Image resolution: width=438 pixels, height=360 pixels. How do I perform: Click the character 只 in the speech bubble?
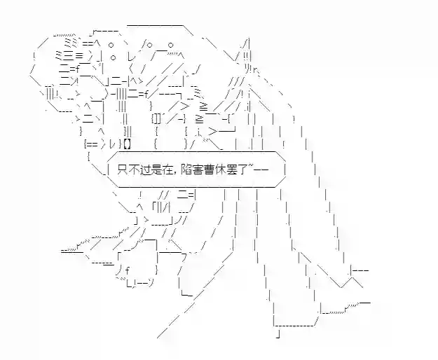pos(123,170)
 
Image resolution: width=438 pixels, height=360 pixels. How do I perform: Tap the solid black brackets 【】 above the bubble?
pos(127,144)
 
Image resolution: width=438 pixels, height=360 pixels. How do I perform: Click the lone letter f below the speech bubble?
pos(128,270)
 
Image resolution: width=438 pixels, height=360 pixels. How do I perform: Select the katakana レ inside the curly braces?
pos(112,144)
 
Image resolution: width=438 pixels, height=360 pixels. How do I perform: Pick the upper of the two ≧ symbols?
pos(203,106)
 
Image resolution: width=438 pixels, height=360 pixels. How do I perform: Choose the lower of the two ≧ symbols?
pos(199,119)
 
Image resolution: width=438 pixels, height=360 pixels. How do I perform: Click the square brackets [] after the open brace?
pos(157,119)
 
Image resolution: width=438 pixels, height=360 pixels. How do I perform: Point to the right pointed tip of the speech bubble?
pos(286,169)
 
